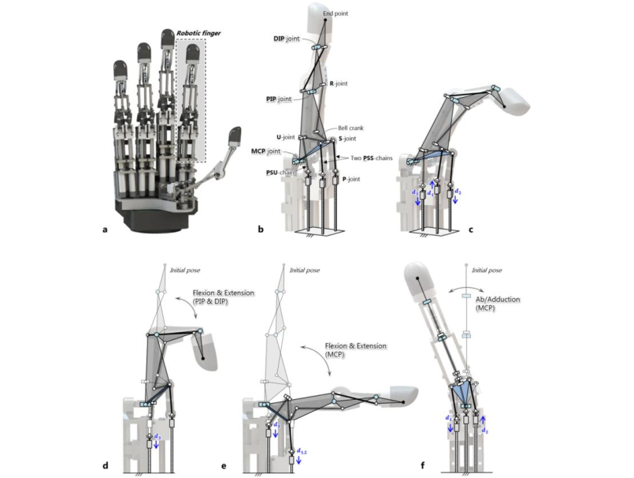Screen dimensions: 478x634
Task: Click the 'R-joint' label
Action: point(338,82)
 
